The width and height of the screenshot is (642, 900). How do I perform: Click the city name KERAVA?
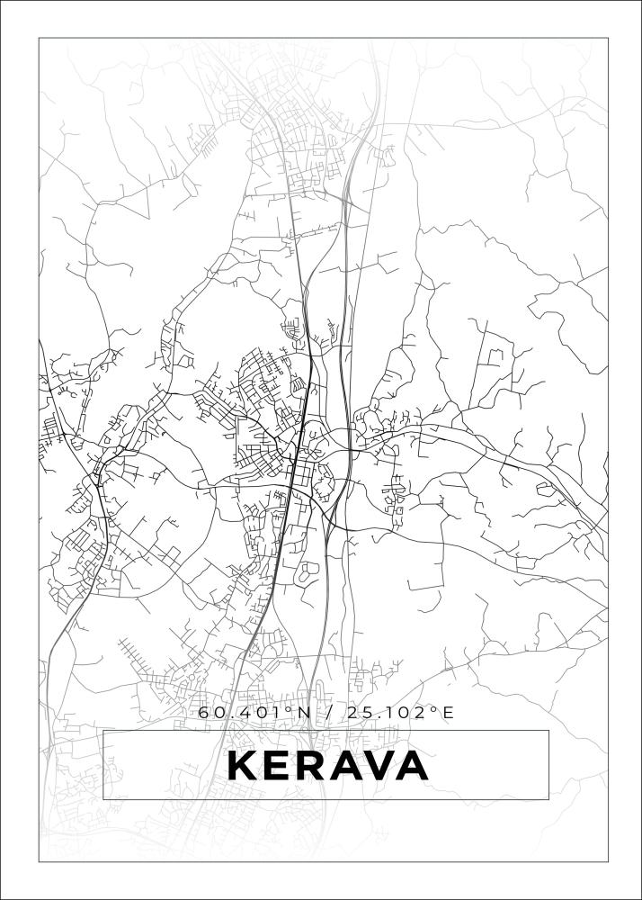point(327,766)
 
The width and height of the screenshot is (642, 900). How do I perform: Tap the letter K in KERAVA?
point(242,766)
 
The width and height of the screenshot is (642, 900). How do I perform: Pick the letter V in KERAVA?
point(379,766)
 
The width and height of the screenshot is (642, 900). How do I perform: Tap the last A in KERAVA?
point(413,766)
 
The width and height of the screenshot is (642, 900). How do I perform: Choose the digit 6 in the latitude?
point(204,713)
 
